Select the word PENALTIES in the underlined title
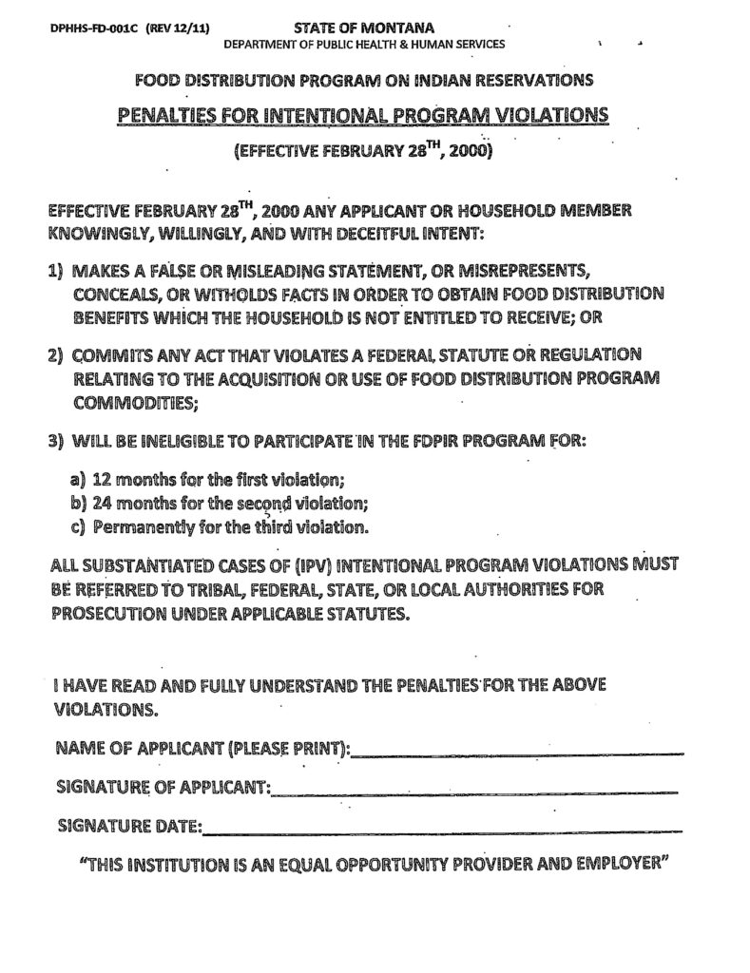(177, 116)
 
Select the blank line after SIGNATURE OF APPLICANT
(474, 791)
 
